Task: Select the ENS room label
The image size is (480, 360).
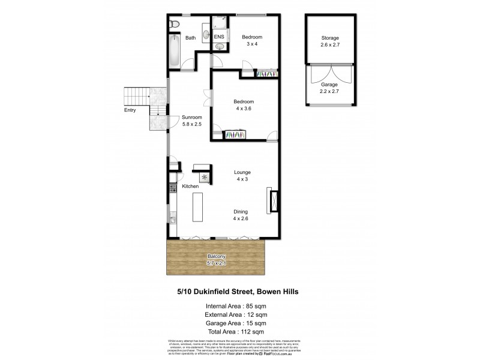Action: coord(219,37)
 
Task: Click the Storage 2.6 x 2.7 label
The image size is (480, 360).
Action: coord(329,41)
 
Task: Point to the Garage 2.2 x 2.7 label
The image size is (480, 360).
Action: coord(329,88)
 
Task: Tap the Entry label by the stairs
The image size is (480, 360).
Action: coord(130,110)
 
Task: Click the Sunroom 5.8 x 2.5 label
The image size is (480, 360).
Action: coord(192,121)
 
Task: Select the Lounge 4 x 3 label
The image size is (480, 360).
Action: coord(242,176)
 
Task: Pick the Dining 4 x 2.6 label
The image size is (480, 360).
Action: coord(241,215)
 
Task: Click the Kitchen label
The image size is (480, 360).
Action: coord(190,187)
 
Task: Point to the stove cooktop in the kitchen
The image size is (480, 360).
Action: coord(172,188)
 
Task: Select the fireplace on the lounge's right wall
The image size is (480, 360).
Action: coord(274,200)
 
